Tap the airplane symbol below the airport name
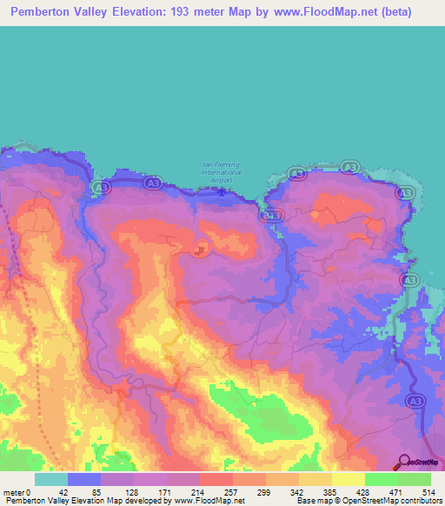[221, 192]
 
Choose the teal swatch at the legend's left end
[50, 479]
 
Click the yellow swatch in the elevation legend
[347, 479]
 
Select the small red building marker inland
[200, 252]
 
